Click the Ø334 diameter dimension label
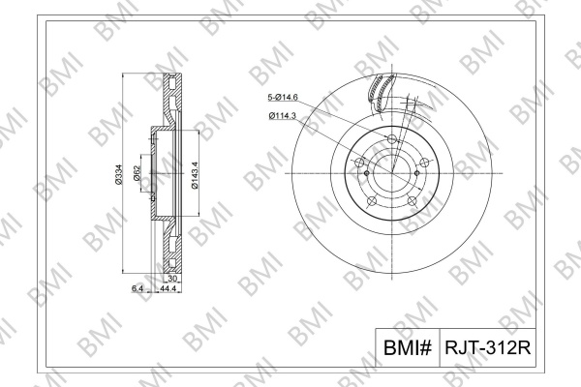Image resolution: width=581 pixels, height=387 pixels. click(118, 174)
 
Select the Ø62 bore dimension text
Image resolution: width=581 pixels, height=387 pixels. click(136, 173)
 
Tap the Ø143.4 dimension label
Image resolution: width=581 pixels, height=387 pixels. click(195, 175)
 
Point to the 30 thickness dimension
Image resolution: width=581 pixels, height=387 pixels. click(172, 279)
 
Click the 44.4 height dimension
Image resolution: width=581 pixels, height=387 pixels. click(168, 288)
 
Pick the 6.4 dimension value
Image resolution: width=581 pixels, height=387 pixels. click(138, 288)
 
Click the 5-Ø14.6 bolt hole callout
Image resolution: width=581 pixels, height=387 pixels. click(283, 98)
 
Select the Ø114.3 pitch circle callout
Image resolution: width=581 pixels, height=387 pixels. click(283, 116)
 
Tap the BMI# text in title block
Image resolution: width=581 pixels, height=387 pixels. click(408, 347)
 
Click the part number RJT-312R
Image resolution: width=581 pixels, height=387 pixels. click(488, 347)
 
